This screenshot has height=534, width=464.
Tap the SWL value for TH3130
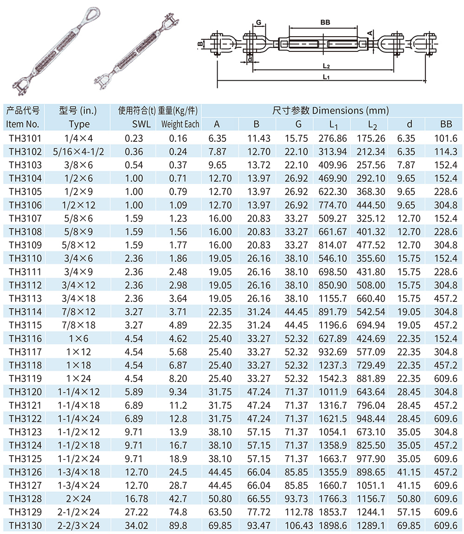[134, 526]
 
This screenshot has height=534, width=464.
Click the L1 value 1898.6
[333, 526]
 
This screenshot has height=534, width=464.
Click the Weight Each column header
[180, 124]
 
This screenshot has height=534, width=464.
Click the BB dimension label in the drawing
[325, 22]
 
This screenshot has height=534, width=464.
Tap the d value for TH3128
[409, 499]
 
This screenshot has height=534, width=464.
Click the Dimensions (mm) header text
[330, 111]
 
